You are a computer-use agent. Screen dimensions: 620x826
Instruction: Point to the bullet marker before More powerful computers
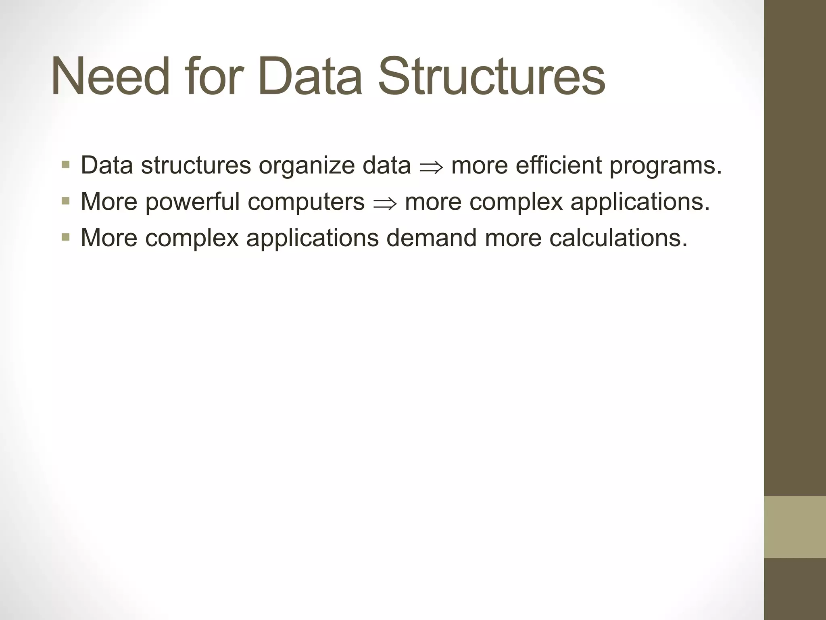pos(66,201)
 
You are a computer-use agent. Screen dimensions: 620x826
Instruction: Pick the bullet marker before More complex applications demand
pos(66,237)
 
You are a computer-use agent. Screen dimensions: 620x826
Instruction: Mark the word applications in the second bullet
pos(640,202)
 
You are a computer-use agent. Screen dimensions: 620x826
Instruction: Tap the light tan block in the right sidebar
pos(795,527)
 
